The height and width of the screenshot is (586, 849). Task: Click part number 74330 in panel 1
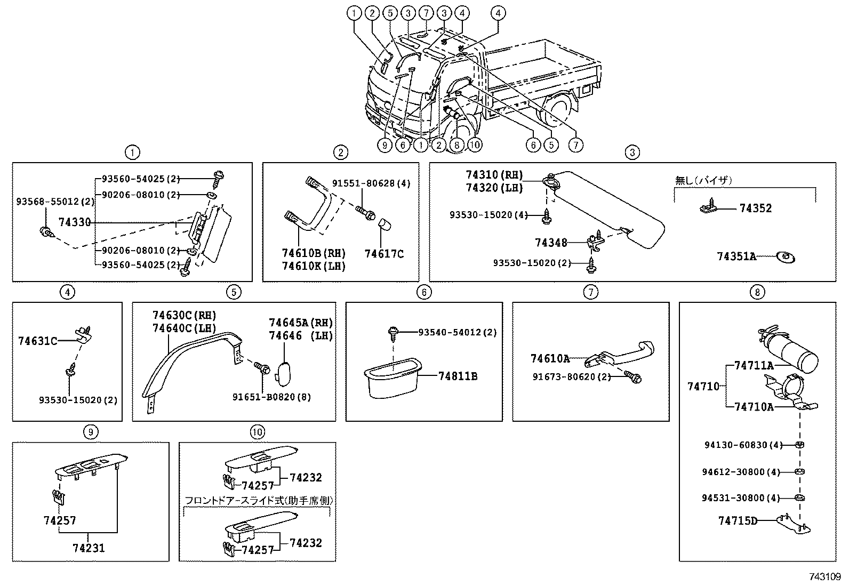75,222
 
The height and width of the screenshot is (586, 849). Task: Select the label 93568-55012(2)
47,202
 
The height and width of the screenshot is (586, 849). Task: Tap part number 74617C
384,254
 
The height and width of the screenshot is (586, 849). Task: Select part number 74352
755,208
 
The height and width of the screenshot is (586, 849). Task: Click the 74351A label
736,257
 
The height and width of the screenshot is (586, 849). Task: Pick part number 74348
551,243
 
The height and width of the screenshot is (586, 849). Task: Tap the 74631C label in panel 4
37,341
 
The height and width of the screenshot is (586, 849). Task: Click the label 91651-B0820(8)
271,397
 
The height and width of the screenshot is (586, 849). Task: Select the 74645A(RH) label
301,323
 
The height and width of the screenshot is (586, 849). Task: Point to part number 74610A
550,359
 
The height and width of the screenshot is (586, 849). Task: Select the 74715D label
738,520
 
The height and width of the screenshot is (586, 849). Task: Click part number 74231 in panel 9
89,548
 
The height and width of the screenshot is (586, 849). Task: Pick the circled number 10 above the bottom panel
258,432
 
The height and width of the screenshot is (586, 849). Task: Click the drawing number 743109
824,577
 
